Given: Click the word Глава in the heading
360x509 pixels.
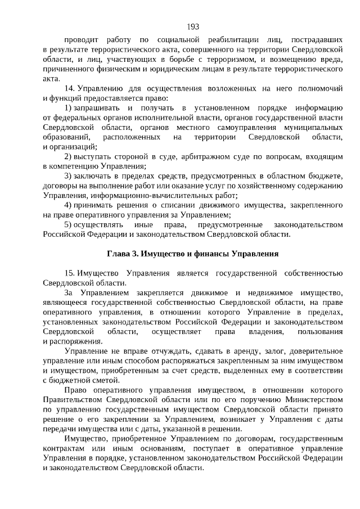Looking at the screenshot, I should [x=119, y=254].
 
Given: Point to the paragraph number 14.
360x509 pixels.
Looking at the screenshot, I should [x=70, y=88].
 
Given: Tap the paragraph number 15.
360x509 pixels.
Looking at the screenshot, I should [x=70, y=273].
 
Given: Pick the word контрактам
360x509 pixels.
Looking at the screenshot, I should [x=64, y=448].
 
